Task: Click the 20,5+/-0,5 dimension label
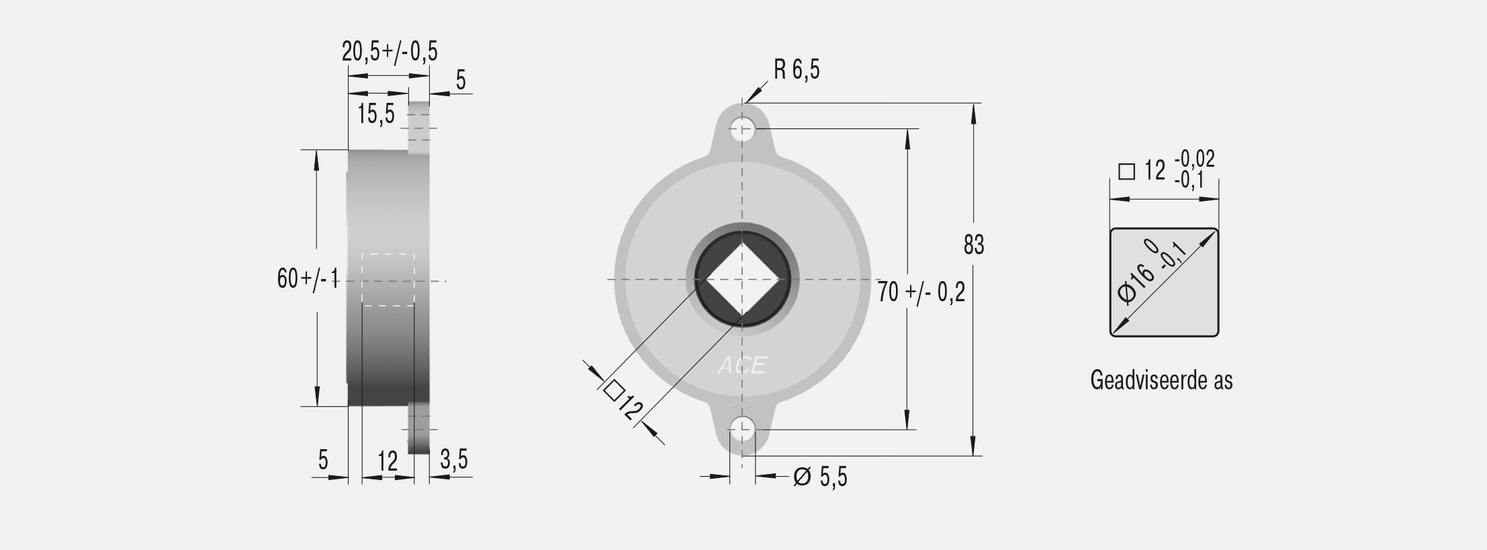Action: pos(390,51)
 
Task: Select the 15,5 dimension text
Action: pos(376,114)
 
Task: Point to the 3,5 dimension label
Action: pos(454,460)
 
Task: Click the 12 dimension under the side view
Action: pos(388,461)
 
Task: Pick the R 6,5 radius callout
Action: pos(797,69)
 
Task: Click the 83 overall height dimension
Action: pos(973,245)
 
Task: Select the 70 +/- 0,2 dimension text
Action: pos(921,292)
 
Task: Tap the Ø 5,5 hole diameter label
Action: pos(820,477)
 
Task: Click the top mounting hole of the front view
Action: pos(742,128)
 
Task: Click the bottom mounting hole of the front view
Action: pos(742,428)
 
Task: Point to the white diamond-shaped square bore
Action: pos(741,278)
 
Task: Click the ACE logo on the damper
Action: pos(741,365)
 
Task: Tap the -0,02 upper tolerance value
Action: pos(1195,159)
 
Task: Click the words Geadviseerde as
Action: pos(1161,381)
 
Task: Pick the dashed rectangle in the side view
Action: pos(388,280)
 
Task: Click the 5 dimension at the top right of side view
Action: pos(461,80)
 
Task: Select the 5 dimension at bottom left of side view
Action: pos(323,460)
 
